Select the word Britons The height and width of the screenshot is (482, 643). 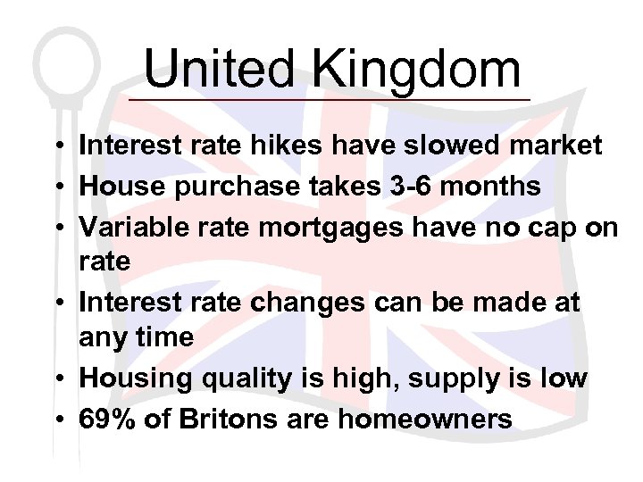(x=217, y=419)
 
